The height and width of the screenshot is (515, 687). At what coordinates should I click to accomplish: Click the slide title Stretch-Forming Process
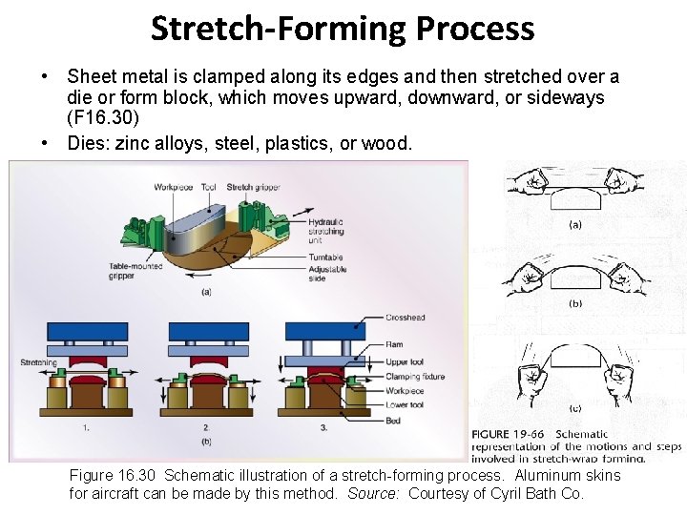coord(343,29)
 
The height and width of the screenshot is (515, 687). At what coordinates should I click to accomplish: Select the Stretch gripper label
coord(253,187)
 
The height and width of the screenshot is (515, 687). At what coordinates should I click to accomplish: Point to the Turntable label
coord(325,257)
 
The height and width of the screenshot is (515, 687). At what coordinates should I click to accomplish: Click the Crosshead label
coord(406,318)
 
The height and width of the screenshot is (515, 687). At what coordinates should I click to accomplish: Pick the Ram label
coord(394,344)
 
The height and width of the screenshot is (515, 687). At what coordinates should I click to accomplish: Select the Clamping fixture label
coord(415,377)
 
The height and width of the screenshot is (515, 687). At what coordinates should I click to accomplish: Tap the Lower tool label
coord(405,404)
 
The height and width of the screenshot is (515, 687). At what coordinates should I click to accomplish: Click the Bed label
coord(393,419)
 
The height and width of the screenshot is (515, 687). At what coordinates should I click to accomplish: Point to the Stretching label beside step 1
coord(39,362)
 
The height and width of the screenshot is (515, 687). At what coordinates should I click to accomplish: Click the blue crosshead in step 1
coord(88,332)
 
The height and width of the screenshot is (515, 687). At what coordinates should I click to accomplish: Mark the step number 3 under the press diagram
coord(323,427)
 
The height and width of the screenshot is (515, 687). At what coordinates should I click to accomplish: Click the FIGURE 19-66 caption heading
coord(508,435)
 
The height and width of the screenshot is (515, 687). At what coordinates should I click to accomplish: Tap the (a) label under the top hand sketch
coord(575,226)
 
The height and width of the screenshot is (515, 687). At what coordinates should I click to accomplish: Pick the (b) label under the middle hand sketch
coord(575,303)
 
